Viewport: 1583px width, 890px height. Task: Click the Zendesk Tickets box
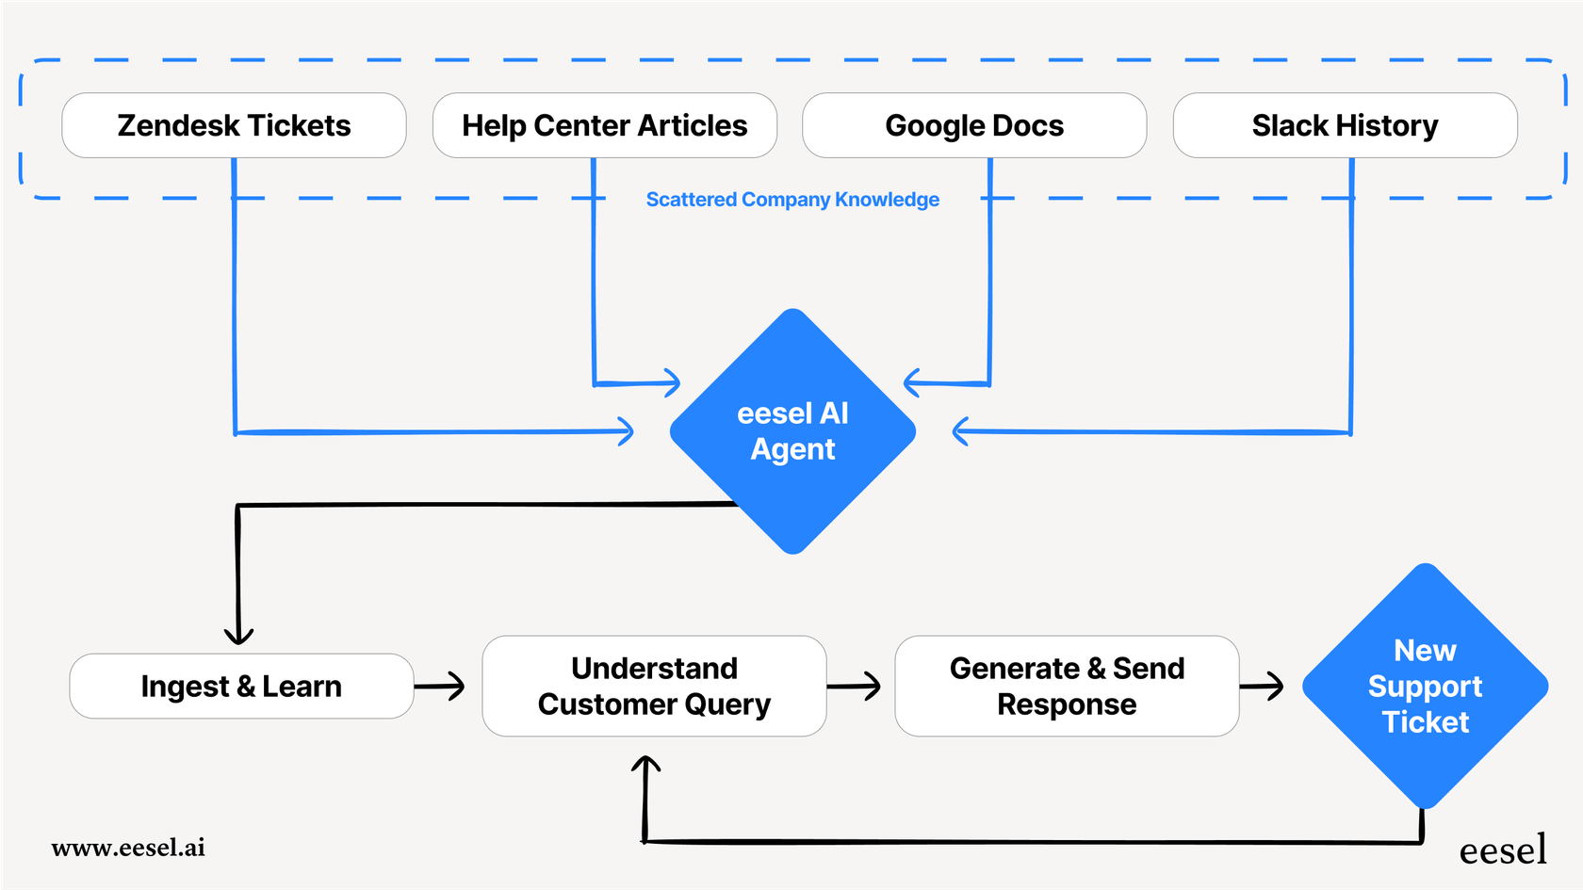point(234,125)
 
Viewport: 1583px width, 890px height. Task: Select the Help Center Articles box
point(604,125)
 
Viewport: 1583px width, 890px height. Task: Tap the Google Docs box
point(974,125)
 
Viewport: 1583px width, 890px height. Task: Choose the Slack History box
point(1345,125)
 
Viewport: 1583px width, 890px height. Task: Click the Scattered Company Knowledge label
point(792,200)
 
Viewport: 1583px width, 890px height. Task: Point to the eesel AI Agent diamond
point(792,431)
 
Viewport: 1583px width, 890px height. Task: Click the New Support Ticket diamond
point(1425,687)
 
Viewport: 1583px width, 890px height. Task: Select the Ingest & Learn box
point(241,687)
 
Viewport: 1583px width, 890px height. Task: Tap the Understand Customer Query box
point(654,687)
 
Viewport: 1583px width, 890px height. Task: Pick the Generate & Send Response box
point(1067,687)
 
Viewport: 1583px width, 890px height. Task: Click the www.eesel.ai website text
point(128,848)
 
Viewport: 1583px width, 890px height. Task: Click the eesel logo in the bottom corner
point(1503,850)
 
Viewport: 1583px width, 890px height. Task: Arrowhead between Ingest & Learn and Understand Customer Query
point(456,686)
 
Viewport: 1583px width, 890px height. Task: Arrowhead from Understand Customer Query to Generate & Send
point(872,686)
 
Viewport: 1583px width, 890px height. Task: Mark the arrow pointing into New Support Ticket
point(1273,686)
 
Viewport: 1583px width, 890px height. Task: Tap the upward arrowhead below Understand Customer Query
point(645,764)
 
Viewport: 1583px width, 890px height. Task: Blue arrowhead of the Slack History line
point(961,431)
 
